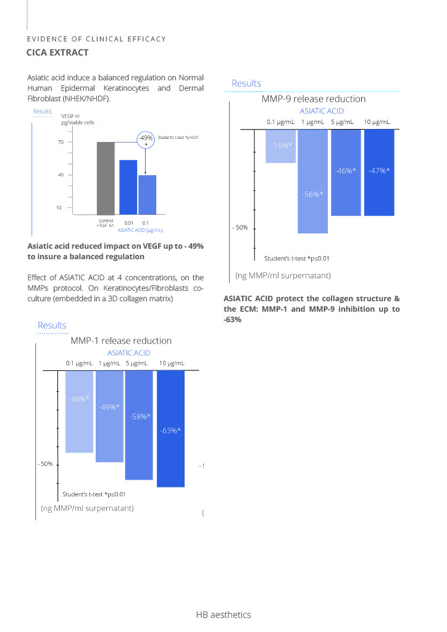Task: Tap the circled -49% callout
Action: tap(146, 139)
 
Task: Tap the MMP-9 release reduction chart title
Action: tap(313, 99)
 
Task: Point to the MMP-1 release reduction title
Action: tap(121, 341)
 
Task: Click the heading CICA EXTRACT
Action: tap(57, 52)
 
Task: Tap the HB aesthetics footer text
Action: tap(223, 615)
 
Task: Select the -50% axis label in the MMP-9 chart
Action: tap(240, 228)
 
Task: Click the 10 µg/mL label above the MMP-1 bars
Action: tap(172, 363)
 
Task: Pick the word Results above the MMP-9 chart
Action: tap(246, 83)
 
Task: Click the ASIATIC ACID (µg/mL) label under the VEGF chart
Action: tap(140, 230)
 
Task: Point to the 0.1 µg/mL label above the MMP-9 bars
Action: tap(280, 122)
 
